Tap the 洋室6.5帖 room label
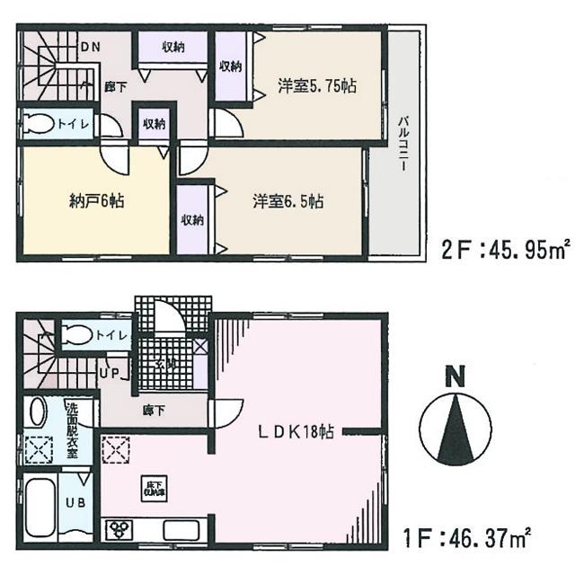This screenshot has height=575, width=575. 287,202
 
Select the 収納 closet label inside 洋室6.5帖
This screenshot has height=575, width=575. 191,220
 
